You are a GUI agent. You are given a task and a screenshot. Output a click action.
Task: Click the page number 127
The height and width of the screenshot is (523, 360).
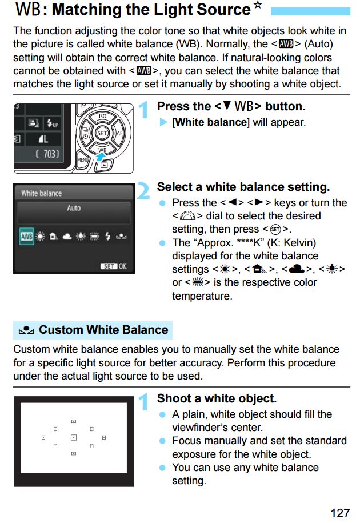tap(340, 513)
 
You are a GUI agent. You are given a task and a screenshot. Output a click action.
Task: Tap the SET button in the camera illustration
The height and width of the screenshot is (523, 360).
tap(102, 133)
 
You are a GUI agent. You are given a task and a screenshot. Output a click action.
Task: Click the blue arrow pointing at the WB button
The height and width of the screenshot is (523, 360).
tap(100, 156)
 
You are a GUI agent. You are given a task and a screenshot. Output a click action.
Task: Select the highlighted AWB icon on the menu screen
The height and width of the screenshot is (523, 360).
tap(26, 237)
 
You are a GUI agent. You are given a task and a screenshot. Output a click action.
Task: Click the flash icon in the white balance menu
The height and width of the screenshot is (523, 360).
tap(107, 237)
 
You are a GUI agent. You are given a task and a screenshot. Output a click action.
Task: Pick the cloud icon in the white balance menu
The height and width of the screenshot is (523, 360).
tap(67, 237)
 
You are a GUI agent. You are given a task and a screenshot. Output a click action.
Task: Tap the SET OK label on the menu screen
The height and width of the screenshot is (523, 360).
tap(113, 266)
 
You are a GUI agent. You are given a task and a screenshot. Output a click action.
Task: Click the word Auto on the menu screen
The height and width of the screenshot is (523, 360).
tap(74, 208)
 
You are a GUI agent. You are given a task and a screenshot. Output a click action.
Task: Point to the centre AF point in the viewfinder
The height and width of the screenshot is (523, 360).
tap(74, 437)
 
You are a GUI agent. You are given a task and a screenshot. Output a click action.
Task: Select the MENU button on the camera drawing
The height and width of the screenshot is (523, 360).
tap(83, 160)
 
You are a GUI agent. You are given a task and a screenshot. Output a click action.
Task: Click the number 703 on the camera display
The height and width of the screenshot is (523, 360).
tap(51, 154)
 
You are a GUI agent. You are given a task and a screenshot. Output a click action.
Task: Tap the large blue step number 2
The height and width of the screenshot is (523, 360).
tap(143, 191)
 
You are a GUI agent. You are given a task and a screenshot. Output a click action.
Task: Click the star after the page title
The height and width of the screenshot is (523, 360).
tap(258, 5)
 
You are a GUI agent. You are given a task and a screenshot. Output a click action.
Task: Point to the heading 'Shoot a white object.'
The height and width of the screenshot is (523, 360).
tap(217, 398)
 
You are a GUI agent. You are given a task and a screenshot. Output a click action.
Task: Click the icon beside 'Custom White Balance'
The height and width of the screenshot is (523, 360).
tap(26, 330)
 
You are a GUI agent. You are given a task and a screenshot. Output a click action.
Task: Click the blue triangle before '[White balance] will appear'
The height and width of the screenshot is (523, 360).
tap(163, 122)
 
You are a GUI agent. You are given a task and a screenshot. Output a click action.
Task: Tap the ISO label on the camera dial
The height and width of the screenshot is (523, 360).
tap(102, 116)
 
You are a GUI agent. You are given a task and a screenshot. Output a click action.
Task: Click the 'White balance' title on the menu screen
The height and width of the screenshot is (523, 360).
tap(41, 193)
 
